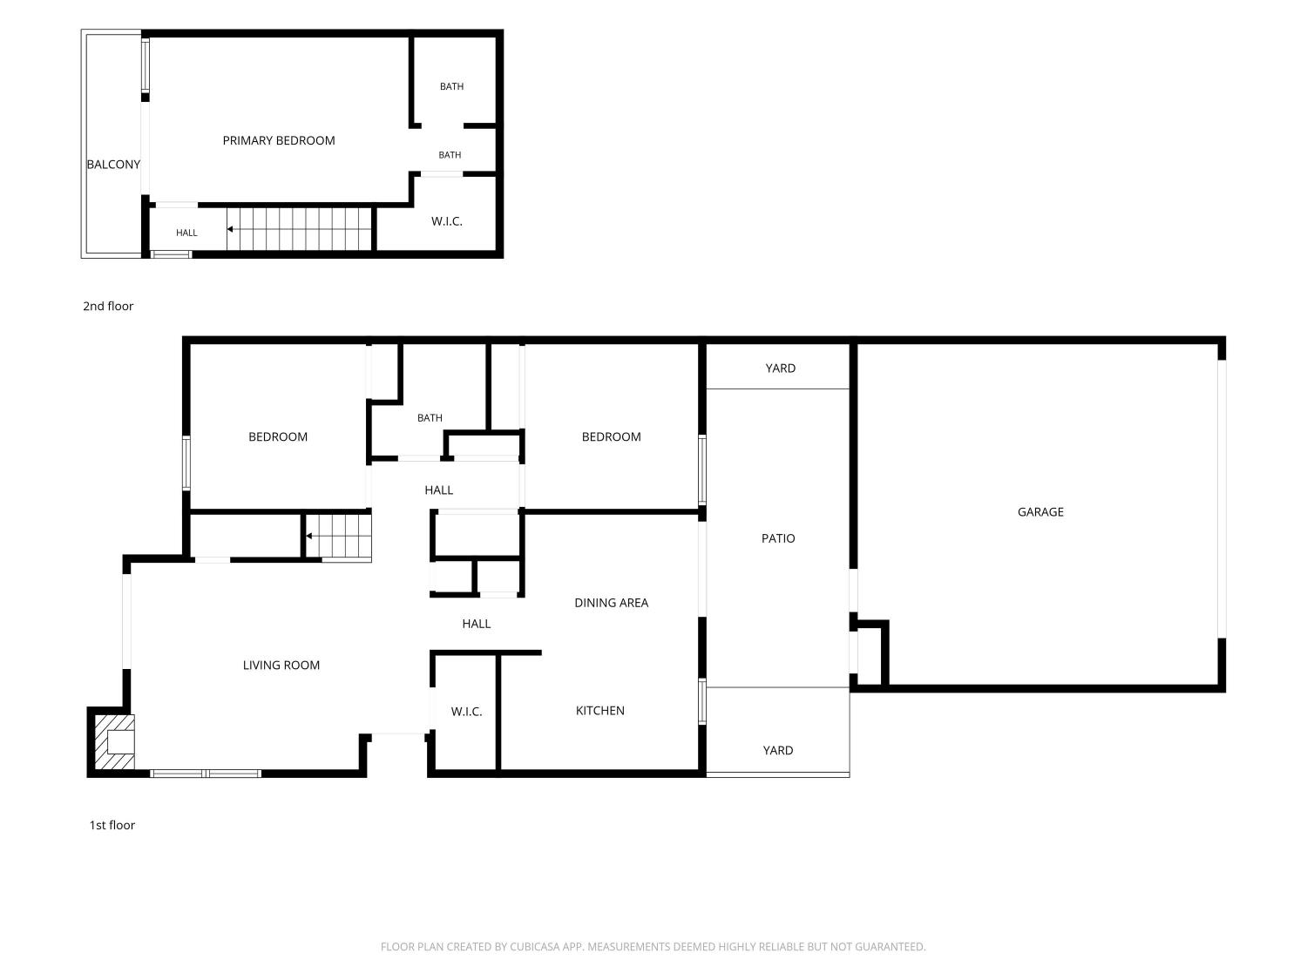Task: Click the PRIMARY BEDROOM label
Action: coord(279,140)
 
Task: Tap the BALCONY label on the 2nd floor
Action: coord(113,165)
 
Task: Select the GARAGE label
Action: coord(1040,511)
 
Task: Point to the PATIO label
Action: coord(777,538)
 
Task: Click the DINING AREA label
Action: coord(611,603)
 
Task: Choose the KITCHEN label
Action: coord(599,711)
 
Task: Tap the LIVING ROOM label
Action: coord(281,666)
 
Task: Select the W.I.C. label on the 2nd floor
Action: coord(447,221)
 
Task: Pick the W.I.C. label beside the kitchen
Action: coord(466,712)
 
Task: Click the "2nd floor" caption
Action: coord(108,306)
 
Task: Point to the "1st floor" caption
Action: coord(112,825)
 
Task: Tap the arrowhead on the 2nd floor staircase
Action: coord(230,229)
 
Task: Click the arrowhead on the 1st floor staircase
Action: coord(309,536)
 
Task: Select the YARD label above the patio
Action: coord(780,368)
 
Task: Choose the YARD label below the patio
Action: coord(777,750)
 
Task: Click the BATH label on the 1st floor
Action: coord(430,418)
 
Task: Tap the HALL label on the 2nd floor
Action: coord(186,233)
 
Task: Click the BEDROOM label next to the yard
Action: coord(611,436)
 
